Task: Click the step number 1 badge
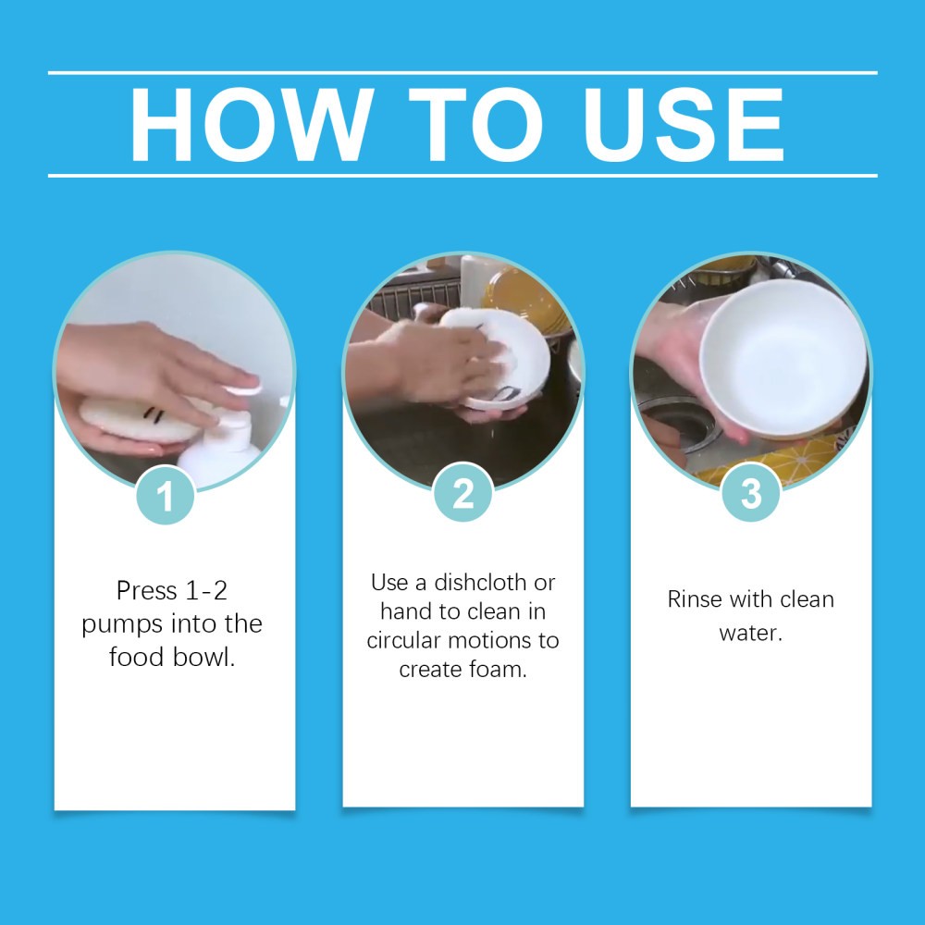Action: point(166,496)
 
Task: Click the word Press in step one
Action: point(146,590)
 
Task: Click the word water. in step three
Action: point(750,635)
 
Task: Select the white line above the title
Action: point(462,72)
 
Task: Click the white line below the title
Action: point(462,175)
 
